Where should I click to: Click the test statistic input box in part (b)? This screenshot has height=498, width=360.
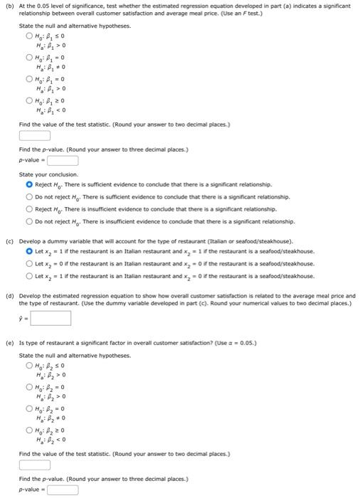pyautogui.click(x=35, y=136)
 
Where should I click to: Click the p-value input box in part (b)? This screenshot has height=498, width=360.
pyautogui.click(x=63, y=160)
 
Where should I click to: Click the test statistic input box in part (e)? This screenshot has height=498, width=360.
pyautogui.click(x=35, y=465)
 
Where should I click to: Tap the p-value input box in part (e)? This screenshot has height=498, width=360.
pyautogui.click(x=63, y=489)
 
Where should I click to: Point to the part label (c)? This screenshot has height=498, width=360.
pyautogui.click(x=10, y=241)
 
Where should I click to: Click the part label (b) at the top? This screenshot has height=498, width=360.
pyautogui.click(x=10, y=6)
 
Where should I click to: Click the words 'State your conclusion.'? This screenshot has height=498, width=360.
pyautogui.click(x=48, y=174)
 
